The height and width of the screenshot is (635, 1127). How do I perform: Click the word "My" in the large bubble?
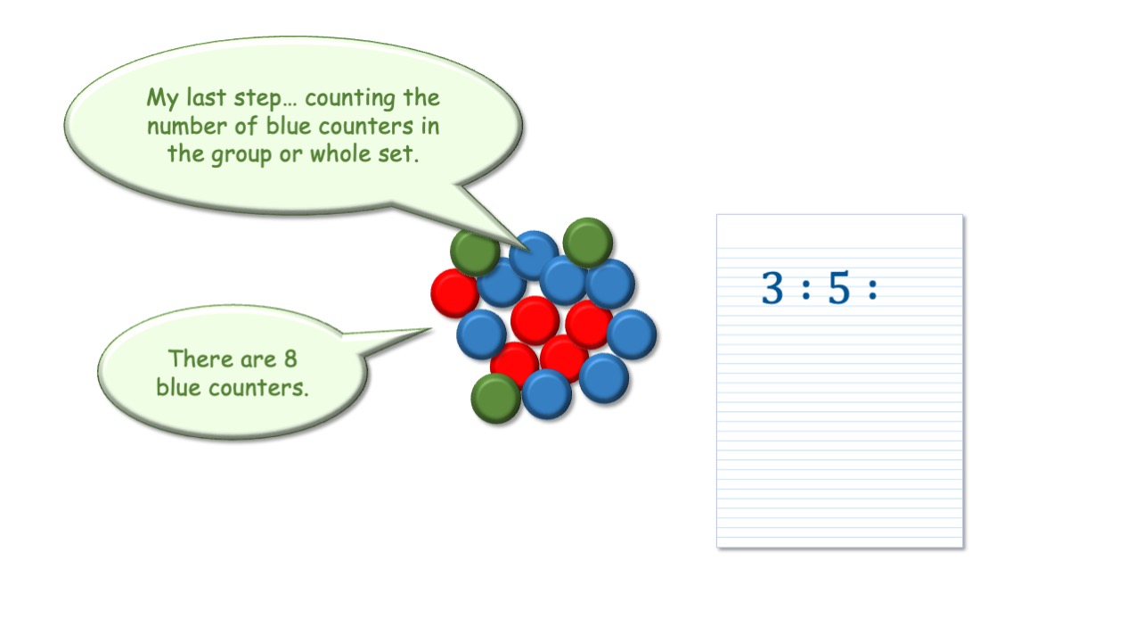162,98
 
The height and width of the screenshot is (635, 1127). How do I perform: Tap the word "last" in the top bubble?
206,96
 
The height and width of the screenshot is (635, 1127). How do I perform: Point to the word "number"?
187,126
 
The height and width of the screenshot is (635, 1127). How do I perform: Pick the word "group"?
241,155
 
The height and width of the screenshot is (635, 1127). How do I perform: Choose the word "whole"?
339,153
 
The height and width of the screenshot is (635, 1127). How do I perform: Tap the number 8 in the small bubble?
290,359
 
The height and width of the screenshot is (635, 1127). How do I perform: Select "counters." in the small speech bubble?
258,388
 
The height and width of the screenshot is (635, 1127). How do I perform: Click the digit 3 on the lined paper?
772,287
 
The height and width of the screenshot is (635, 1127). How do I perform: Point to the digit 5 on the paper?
838,287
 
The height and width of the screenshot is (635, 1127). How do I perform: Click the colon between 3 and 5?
806,290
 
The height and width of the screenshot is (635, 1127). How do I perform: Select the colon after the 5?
873,290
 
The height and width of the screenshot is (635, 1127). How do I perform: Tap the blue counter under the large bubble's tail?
534,255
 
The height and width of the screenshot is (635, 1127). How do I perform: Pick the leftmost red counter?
455,293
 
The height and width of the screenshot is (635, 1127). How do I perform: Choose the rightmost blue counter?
632,334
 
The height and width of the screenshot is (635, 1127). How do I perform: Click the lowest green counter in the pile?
495,399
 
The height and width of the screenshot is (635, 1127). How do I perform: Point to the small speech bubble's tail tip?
432,329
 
